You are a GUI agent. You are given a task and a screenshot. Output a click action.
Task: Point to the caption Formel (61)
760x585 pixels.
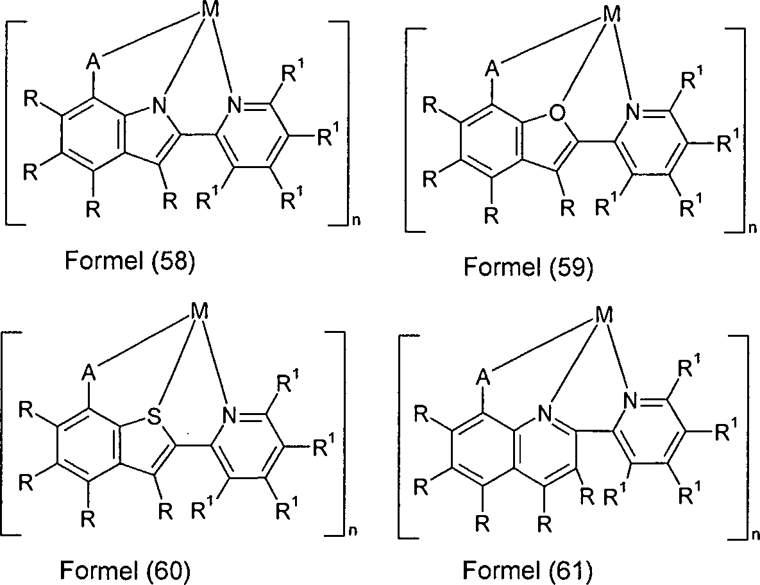tap(528, 570)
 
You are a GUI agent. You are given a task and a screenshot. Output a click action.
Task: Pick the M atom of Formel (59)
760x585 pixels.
tap(612, 15)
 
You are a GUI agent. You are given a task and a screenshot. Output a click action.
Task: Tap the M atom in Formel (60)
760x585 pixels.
tap(199, 311)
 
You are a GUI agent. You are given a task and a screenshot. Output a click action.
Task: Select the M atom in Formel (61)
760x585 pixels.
tap(604, 316)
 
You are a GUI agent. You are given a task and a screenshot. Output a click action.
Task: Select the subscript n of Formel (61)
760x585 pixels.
tap(754, 535)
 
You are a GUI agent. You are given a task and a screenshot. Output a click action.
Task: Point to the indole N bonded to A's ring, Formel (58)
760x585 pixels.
tap(159, 106)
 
